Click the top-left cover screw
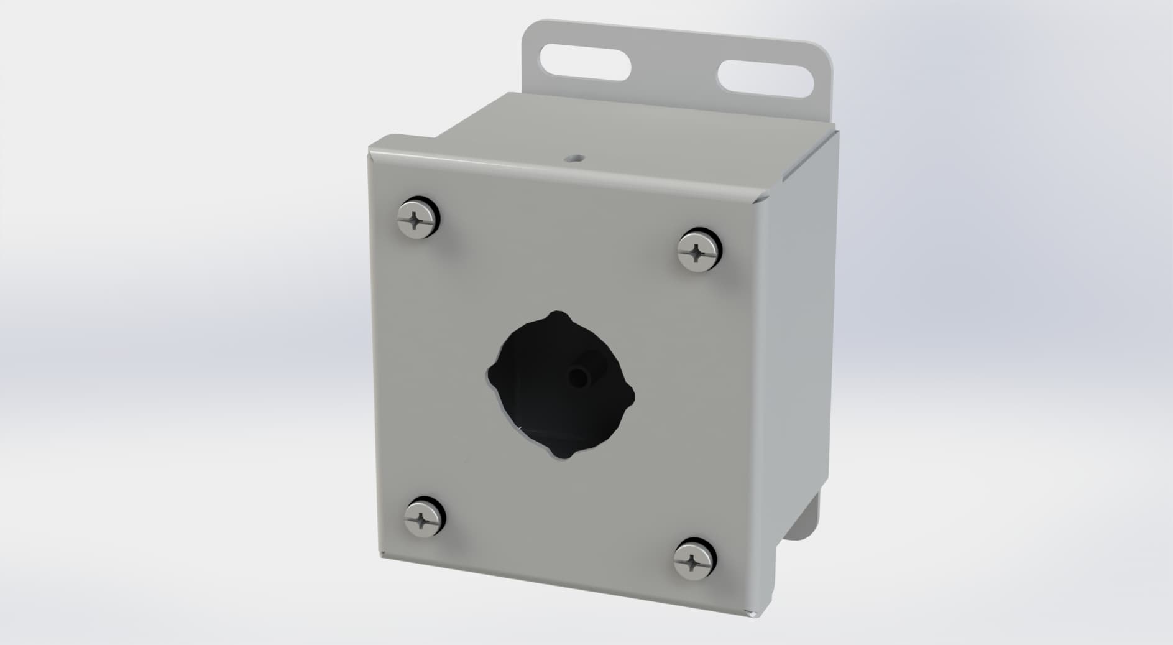[x=415, y=218]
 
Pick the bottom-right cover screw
[x=695, y=562]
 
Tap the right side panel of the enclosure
[x=802, y=348]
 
